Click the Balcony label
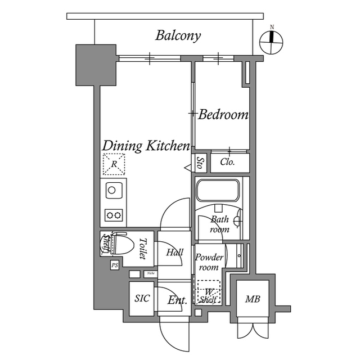tap(178, 36)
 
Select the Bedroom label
tap(223, 115)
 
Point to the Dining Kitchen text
tap(146, 146)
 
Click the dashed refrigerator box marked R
tap(114, 165)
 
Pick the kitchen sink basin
tap(112, 190)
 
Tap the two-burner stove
tap(114, 214)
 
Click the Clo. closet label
tap(227, 163)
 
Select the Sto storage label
tap(200, 163)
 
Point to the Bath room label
tap(219, 224)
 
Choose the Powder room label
tap(209, 262)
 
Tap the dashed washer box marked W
tap(208, 291)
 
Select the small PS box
tap(114, 265)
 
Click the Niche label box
tap(150, 274)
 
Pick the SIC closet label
tap(142, 298)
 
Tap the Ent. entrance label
tap(177, 300)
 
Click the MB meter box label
tap(251, 299)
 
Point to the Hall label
tap(174, 253)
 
